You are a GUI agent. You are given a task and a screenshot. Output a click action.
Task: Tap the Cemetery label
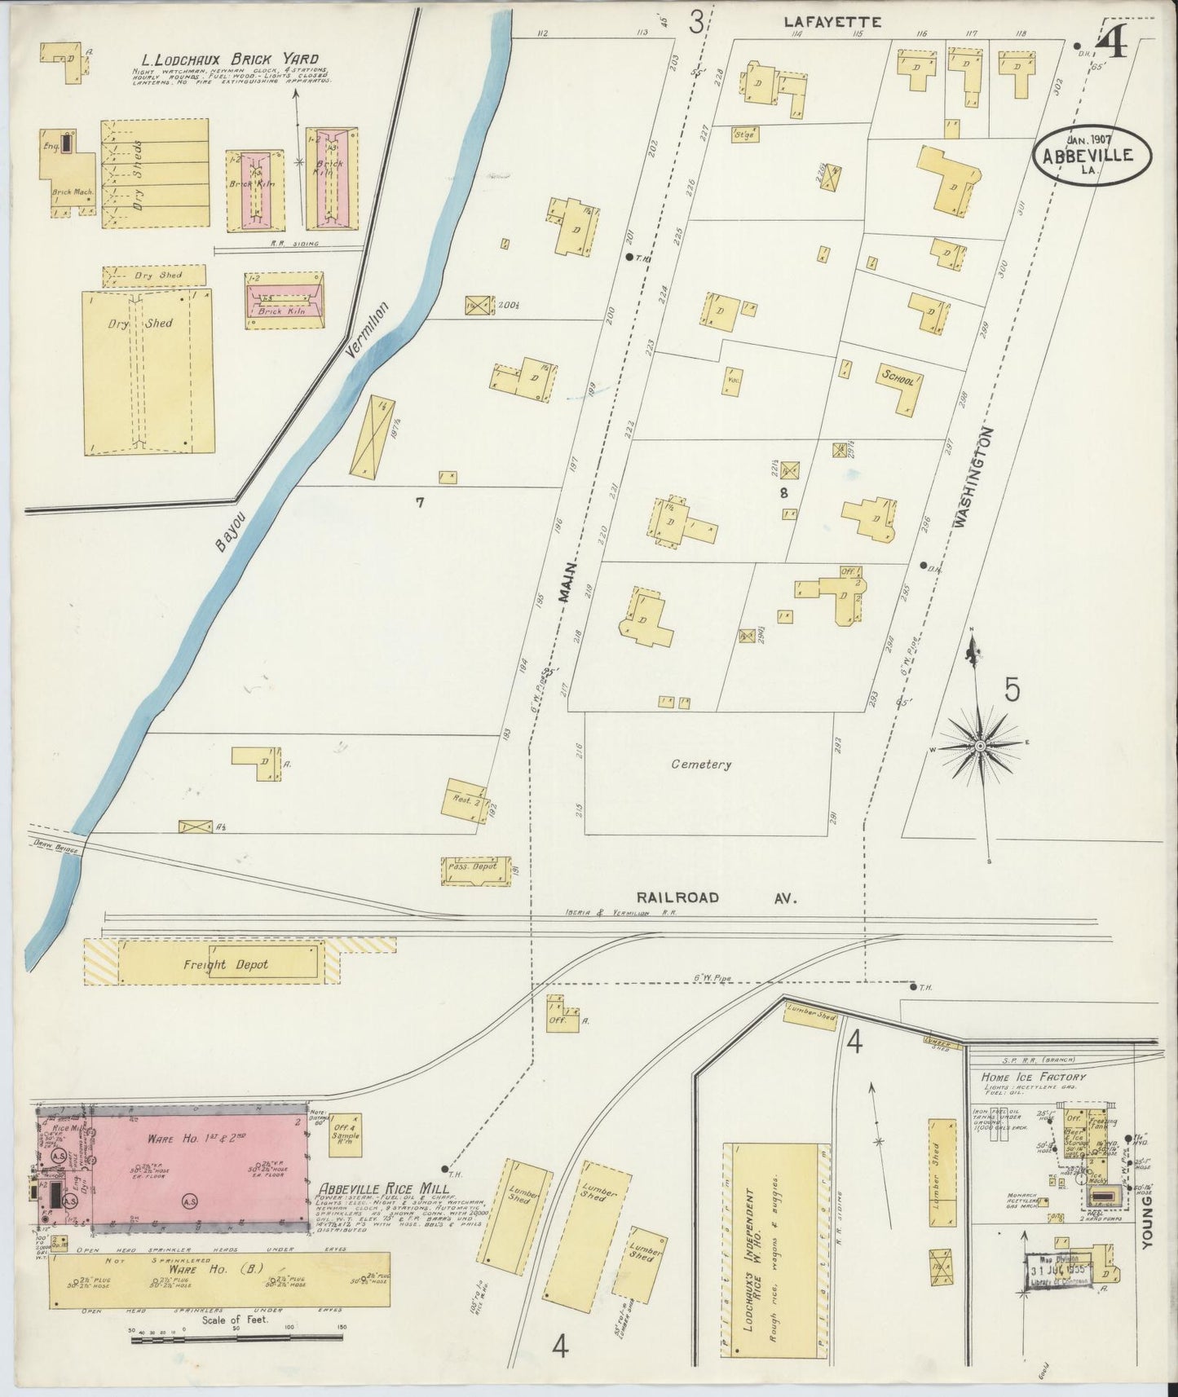[x=701, y=765]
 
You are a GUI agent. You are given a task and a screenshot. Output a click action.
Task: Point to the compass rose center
[x=979, y=747]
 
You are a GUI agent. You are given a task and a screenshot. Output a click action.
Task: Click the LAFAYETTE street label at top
[x=832, y=23]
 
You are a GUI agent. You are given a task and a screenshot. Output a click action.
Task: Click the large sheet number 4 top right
[x=1113, y=42]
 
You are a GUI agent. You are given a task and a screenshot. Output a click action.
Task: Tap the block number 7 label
[x=419, y=503]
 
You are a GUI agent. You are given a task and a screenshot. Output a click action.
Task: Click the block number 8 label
[x=783, y=492]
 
